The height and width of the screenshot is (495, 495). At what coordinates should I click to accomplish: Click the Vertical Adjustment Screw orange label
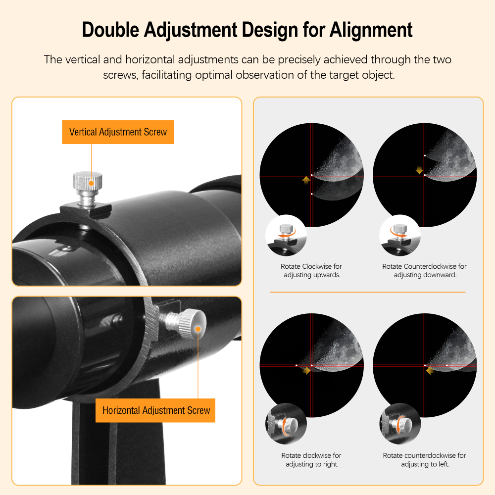(118, 132)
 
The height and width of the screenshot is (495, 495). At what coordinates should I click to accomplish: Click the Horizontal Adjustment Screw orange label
(156, 410)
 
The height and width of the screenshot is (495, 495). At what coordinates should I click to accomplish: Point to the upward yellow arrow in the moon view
(306, 180)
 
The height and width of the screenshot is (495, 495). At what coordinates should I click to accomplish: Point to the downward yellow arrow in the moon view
(420, 170)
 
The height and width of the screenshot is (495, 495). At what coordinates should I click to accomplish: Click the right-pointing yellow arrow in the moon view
(307, 370)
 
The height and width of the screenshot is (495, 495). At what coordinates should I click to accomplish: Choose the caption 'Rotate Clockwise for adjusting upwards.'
(311, 270)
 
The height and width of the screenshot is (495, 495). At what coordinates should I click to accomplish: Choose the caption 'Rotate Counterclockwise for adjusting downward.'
(424, 270)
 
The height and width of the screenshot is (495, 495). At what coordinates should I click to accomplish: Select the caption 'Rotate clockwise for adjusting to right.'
(311, 459)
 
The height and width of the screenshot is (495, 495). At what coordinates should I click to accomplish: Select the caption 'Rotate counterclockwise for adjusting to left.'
(424, 459)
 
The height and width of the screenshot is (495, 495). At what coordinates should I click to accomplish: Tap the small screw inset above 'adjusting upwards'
(286, 235)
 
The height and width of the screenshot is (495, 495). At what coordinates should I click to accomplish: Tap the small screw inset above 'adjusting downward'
(399, 235)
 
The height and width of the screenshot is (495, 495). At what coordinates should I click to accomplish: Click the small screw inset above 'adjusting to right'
(286, 424)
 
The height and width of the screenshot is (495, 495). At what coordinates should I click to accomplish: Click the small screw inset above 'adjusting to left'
(399, 424)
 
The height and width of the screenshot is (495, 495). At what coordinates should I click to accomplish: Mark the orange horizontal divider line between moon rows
(367, 292)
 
